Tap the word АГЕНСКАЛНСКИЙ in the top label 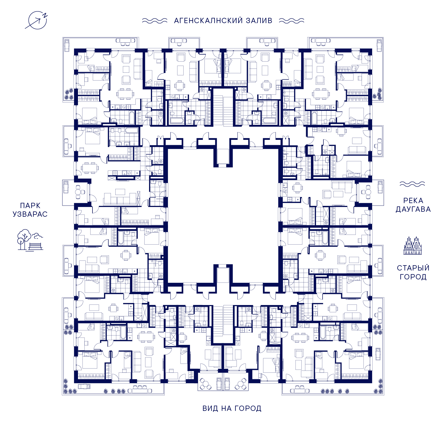(209, 21)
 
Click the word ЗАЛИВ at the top (259, 21)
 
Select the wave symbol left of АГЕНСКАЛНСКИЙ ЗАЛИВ (155, 21)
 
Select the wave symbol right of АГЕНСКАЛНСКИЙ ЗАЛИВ (292, 21)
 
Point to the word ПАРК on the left (30, 206)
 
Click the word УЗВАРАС (30, 214)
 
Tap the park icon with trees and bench (30, 240)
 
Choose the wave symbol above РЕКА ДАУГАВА (412, 184)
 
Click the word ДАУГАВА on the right (413, 209)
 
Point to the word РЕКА (413, 201)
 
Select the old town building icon (413, 245)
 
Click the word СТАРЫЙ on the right (413, 268)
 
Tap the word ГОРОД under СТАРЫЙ (413, 277)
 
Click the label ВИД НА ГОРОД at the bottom (232, 408)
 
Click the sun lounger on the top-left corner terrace (67, 45)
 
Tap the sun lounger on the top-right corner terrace (379, 45)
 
